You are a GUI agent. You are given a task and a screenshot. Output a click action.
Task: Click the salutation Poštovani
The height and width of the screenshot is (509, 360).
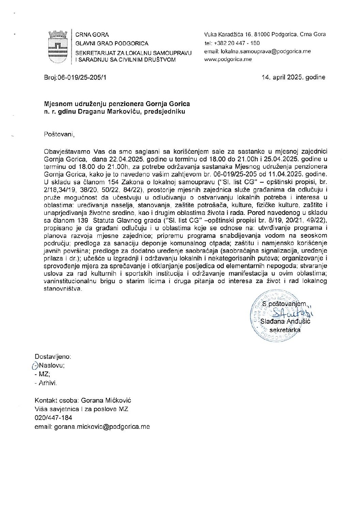click(x=59, y=134)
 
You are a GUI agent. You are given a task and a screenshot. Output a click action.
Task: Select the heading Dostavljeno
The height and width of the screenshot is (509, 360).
click(x=53, y=357)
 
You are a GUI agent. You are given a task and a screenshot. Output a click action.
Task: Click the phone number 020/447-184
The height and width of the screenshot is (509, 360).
click(x=53, y=418)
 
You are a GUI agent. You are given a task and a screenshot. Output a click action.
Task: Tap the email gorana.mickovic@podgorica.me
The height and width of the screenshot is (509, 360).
click(x=102, y=427)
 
